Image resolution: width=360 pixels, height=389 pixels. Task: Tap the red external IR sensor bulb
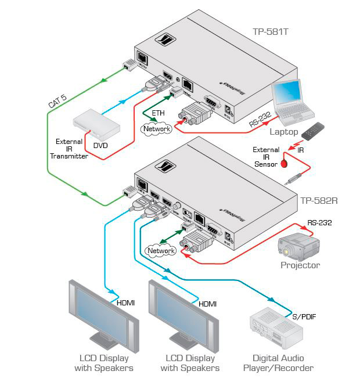285,163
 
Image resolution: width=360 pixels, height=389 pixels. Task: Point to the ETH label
157,113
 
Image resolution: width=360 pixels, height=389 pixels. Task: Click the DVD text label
100,146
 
